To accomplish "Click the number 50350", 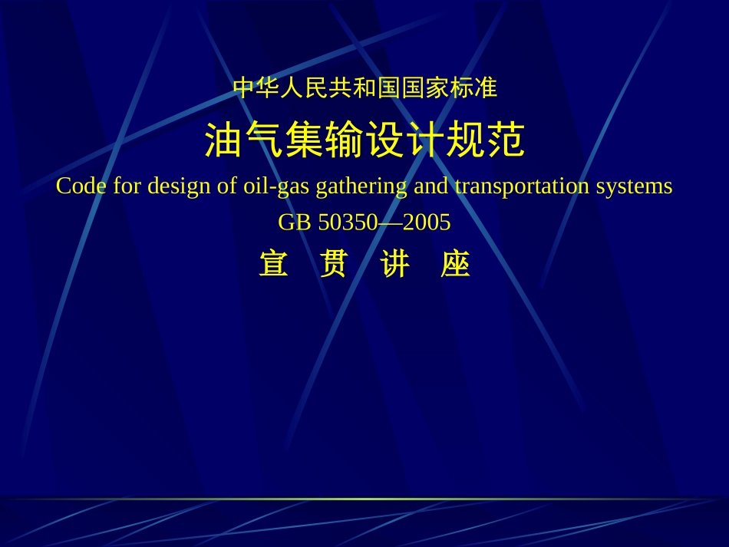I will coord(348,222).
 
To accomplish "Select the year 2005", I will coord(427,222).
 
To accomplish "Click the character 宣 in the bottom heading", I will coord(274,265).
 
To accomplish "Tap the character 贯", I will coord(334,265).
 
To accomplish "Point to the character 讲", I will coord(394,265).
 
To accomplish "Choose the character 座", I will coord(455,265).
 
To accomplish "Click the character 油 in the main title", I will coord(224,141).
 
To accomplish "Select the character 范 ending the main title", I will coord(506,141).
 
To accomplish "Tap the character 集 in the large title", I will coord(305,141).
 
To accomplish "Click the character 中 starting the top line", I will coord(243,88).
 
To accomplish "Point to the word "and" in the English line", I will coord(430,186).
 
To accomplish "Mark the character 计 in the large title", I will coord(425,141).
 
